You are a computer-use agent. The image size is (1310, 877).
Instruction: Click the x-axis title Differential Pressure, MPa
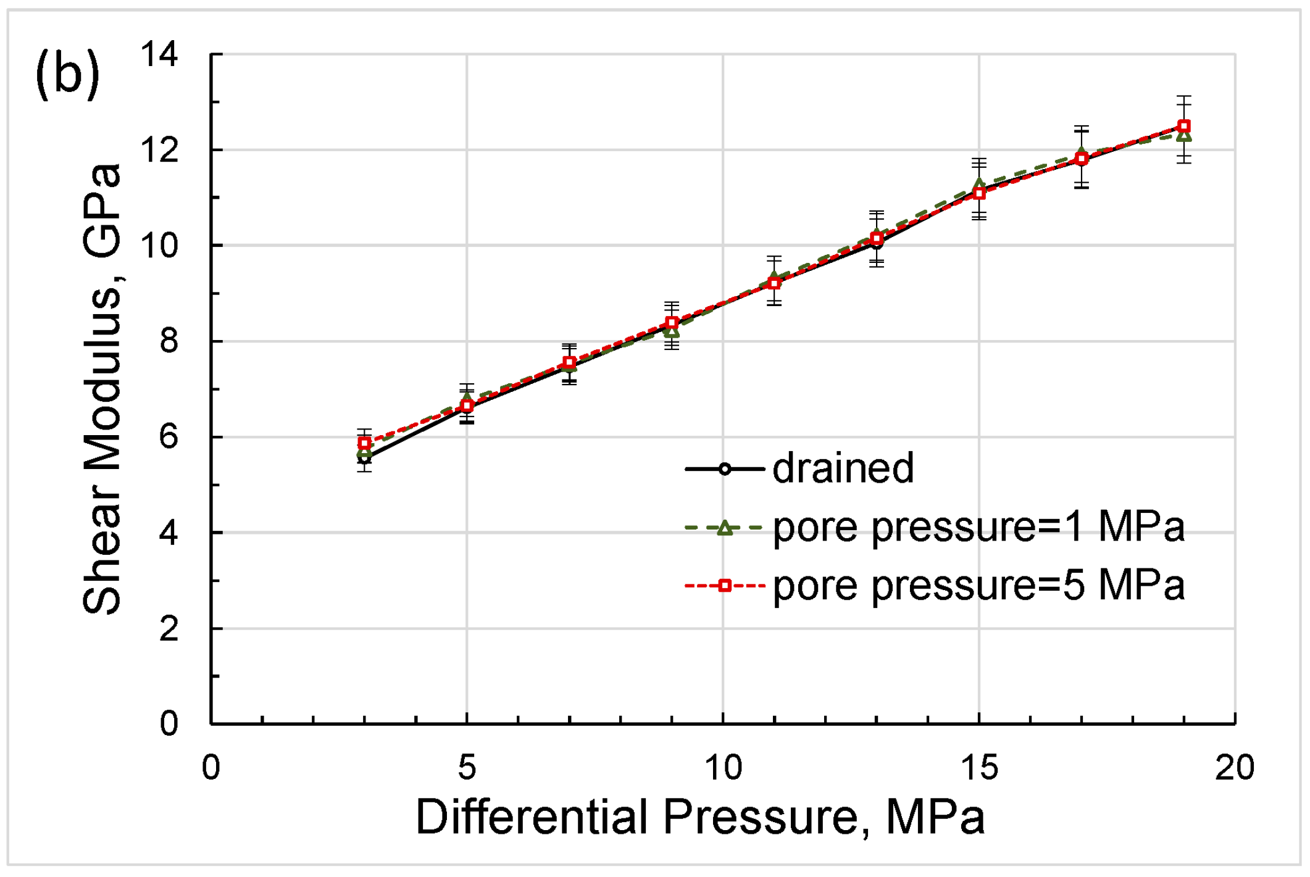pyautogui.click(x=700, y=817)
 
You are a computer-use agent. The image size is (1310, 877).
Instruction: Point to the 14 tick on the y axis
pyautogui.click(x=159, y=54)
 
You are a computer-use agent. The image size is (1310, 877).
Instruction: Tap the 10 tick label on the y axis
pyautogui.click(x=159, y=246)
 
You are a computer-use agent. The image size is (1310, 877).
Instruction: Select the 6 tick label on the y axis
pyautogui.click(x=169, y=437)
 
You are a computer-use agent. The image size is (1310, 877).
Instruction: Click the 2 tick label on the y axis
pyautogui.click(x=169, y=629)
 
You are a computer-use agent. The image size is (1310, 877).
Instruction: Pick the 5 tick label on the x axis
pyautogui.click(x=467, y=767)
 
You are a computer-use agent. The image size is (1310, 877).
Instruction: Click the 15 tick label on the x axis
pyautogui.click(x=979, y=767)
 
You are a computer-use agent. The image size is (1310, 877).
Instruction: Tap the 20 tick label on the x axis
pyautogui.click(x=1235, y=767)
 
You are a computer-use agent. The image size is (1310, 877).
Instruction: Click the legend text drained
pyautogui.click(x=843, y=468)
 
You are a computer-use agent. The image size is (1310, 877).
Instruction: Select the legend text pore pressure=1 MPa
pyautogui.click(x=978, y=527)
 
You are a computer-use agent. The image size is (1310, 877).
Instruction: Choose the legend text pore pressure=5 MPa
pyautogui.click(x=978, y=585)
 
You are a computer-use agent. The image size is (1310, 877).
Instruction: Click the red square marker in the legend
pyautogui.click(x=725, y=585)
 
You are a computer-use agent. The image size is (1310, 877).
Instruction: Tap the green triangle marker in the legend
pyautogui.click(x=725, y=528)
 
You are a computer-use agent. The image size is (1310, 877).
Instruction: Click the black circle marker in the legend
pyautogui.click(x=725, y=469)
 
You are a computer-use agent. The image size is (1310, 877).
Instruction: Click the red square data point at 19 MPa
pyautogui.click(x=1183, y=126)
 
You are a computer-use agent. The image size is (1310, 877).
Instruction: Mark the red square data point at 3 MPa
pyautogui.click(x=364, y=443)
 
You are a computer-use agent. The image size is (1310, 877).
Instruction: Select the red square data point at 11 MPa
pyautogui.click(x=774, y=283)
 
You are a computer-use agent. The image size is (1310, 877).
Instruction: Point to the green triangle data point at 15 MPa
pyautogui.click(x=979, y=184)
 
